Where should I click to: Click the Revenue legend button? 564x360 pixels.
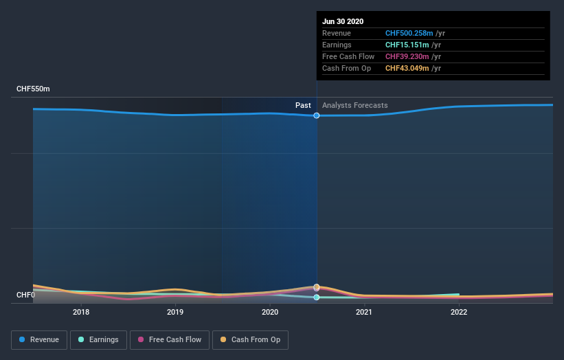coord(39,339)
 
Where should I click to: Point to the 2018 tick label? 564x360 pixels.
coord(81,311)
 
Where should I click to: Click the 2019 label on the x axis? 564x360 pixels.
coord(175,311)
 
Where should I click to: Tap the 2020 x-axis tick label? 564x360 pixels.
coord(270,311)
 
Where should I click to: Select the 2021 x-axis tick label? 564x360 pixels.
coord(364,311)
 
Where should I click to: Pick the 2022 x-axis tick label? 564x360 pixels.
coord(459,311)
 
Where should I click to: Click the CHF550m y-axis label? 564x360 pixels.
coord(34,89)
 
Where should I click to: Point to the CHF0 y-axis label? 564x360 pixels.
coord(25,295)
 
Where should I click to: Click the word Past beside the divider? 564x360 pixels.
coord(303,105)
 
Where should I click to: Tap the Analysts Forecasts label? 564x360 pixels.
coord(354,105)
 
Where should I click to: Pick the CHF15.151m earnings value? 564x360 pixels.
coord(406,45)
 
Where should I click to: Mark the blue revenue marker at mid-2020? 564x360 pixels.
coord(317,115)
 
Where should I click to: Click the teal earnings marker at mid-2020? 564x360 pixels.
coord(317,297)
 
